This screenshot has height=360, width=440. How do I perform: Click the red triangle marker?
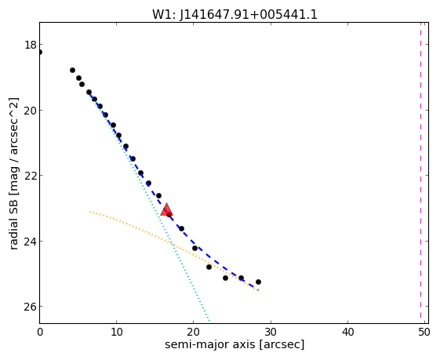(167, 209)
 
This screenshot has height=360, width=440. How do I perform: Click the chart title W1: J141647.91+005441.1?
(235, 15)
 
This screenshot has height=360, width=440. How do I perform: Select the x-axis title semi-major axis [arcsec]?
(235, 344)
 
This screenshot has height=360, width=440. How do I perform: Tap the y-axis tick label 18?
(31, 45)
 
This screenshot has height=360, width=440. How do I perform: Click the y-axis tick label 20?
(31, 111)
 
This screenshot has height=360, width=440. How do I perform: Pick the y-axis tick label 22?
(31, 176)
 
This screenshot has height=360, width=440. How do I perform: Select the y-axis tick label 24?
(31, 242)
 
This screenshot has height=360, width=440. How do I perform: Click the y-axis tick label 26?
(31, 307)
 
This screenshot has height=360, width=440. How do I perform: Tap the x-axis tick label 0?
(40, 333)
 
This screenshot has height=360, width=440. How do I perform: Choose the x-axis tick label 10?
(116, 333)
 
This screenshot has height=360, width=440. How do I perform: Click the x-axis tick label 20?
(194, 333)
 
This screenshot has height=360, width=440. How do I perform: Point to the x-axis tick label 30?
(271, 333)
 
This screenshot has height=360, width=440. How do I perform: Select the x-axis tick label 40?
(347, 333)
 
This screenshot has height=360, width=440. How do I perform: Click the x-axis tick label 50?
(424, 333)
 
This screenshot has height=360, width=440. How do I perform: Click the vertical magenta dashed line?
(420, 170)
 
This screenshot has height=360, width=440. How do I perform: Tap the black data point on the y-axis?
(40, 53)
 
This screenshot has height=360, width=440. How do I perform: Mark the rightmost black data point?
(258, 282)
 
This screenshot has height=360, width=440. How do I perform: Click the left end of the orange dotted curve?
(89, 212)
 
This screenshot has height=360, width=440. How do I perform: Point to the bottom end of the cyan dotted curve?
(209, 320)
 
